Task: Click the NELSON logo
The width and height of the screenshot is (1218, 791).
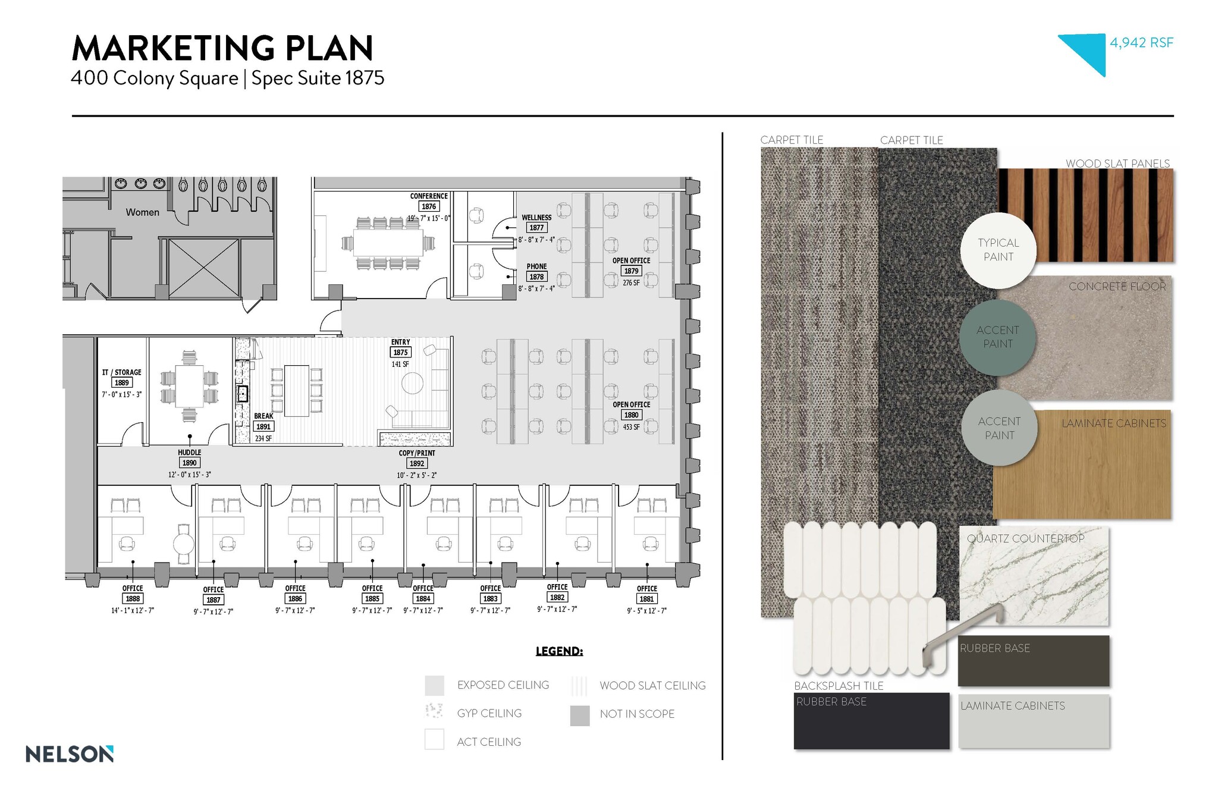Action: point(70,754)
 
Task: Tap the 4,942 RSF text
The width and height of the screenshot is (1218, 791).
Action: point(1141,43)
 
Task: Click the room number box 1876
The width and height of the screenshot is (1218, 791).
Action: point(428,206)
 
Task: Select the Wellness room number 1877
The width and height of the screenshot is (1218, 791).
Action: point(536,228)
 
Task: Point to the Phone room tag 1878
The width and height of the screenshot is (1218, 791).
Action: point(536,277)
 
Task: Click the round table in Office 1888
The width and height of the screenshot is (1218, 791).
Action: point(183,543)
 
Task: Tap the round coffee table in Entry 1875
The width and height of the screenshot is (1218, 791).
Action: point(412,384)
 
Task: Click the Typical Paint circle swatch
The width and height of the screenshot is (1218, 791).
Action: point(998,250)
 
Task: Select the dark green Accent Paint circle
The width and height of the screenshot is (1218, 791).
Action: point(997,337)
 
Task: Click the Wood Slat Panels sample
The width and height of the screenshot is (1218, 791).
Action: point(1085,215)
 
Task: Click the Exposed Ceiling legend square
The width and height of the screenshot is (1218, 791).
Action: point(435,686)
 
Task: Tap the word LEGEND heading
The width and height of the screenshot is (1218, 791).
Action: point(559,651)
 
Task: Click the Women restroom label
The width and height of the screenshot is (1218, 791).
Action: point(142,212)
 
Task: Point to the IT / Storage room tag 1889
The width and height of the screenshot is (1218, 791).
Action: point(121,383)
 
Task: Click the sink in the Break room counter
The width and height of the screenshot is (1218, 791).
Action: point(243,394)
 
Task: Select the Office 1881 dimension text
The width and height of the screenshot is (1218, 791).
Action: point(646,611)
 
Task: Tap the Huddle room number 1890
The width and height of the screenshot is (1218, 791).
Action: point(189,463)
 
